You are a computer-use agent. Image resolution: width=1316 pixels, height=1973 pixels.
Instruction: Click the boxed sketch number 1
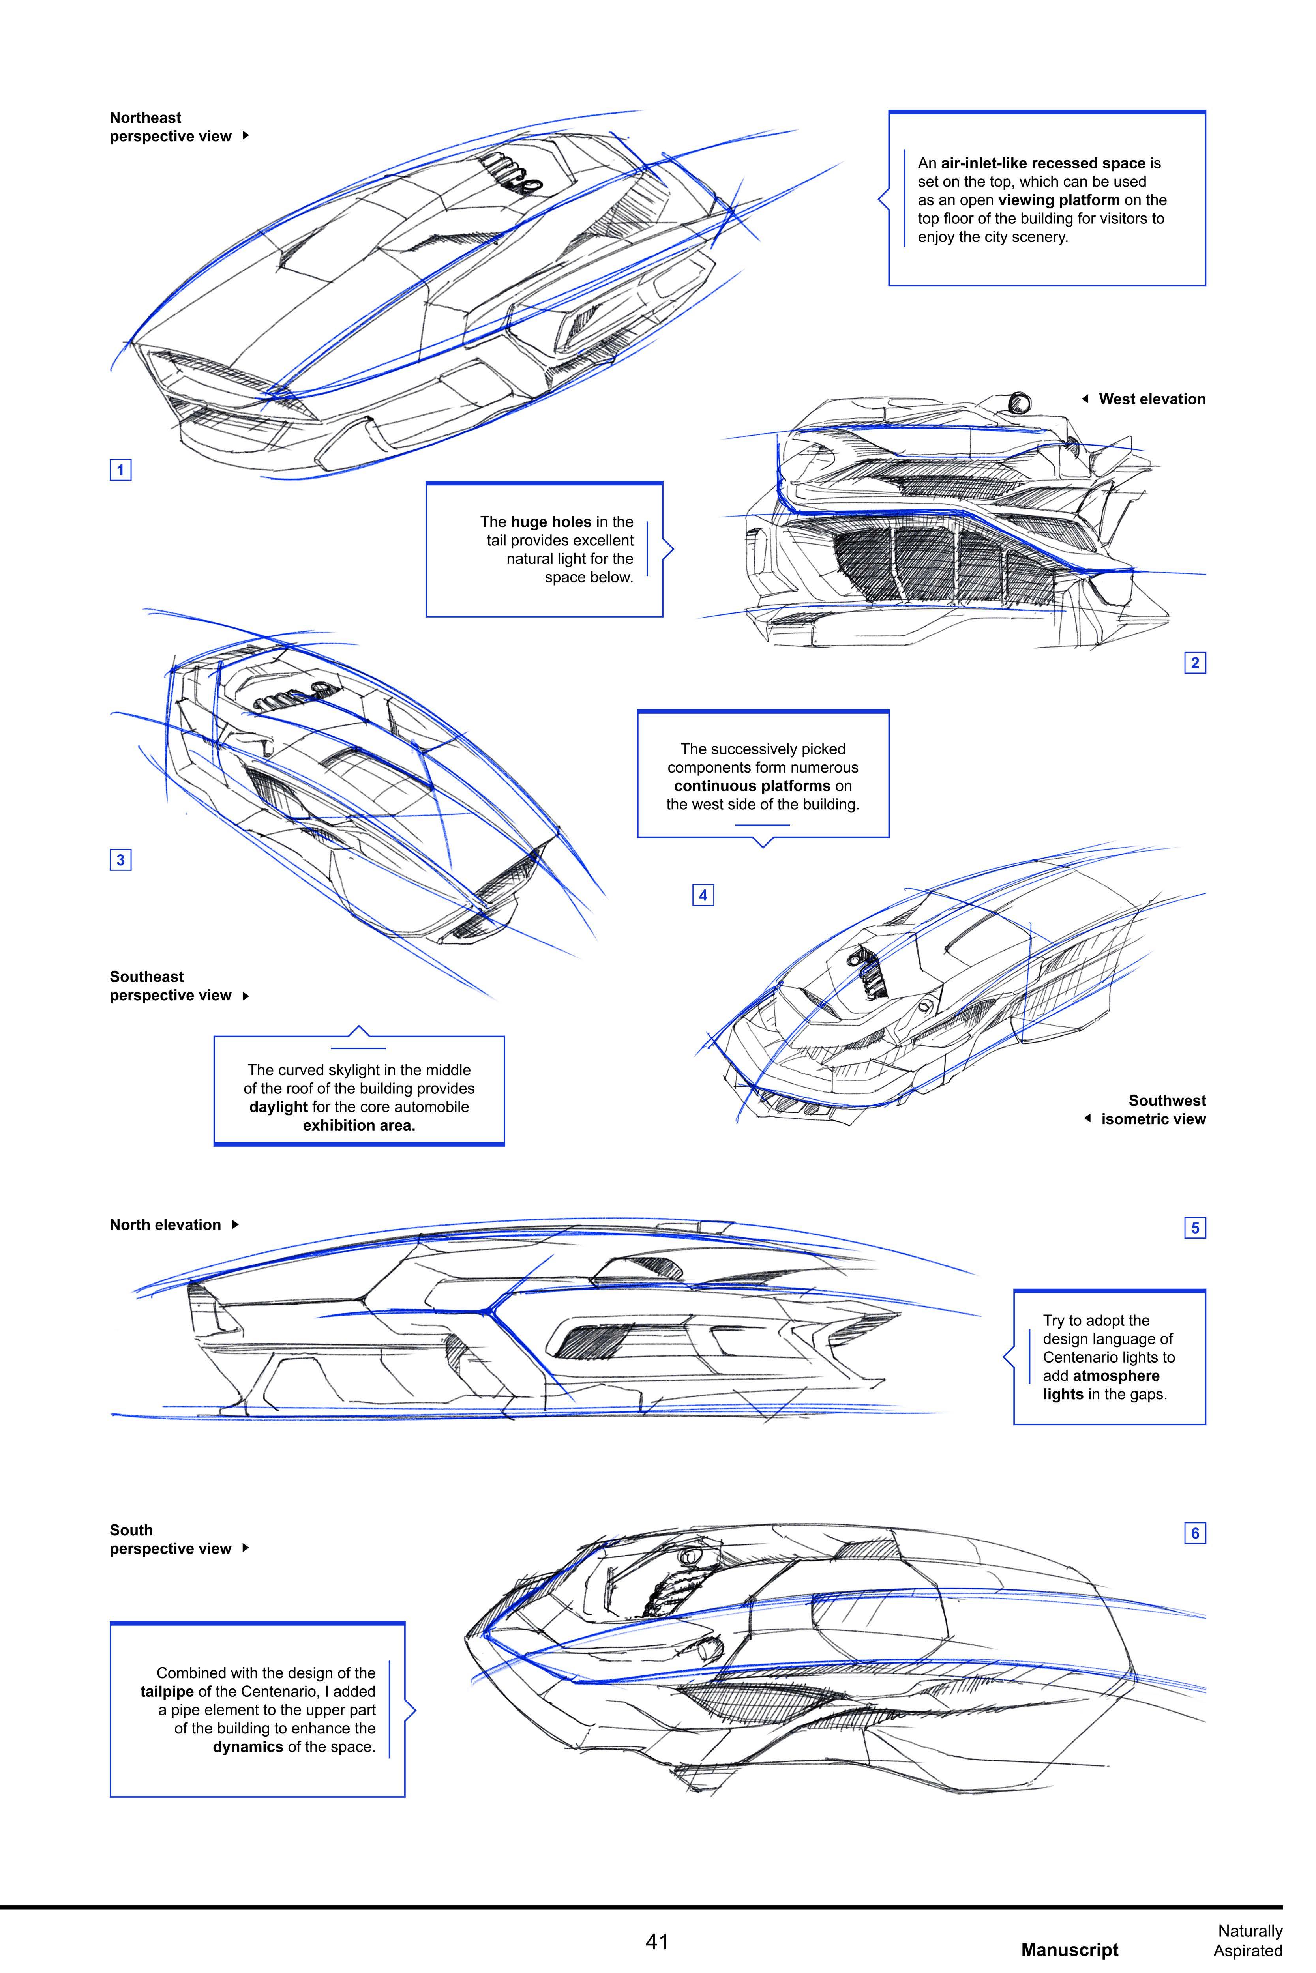click(x=120, y=470)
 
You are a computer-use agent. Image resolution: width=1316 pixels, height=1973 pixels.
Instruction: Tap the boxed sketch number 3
click(x=120, y=860)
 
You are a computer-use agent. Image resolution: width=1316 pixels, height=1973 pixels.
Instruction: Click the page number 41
click(x=657, y=1941)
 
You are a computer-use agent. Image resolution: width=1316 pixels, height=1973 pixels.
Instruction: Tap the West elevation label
click(x=1151, y=399)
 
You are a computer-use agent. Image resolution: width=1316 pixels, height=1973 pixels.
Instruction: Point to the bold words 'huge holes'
click(x=551, y=522)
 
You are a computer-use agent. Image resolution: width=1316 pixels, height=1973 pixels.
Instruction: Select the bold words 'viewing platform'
click(x=1058, y=200)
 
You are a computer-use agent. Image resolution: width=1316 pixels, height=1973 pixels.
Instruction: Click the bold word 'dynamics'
click(x=247, y=1746)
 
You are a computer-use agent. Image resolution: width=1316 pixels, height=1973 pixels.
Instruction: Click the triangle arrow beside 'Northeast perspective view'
click(x=245, y=135)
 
